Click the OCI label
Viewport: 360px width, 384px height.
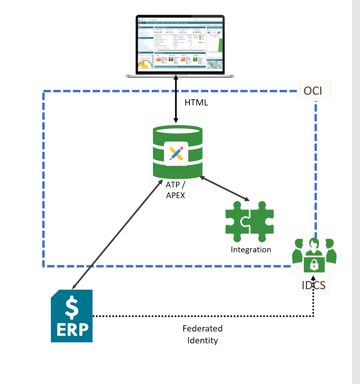tap(313, 91)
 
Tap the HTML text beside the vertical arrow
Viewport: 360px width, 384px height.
tap(196, 103)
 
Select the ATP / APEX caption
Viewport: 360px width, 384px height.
tap(175, 190)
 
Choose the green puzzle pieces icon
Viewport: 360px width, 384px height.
tap(249, 221)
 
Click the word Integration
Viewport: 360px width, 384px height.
tap(251, 249)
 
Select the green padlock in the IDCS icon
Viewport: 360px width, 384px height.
tap(314, 265)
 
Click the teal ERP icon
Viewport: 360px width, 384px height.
tap(72, 316)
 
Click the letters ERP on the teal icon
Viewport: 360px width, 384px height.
tap(72, 329)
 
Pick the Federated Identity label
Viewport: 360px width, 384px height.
tap(203, 334)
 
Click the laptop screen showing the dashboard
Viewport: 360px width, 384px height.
tap(180, 44)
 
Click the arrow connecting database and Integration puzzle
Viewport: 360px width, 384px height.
tap(225, 189)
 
